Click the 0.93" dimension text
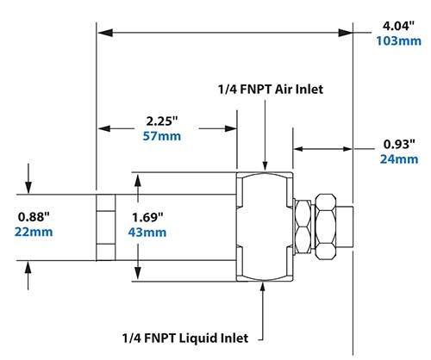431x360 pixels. point(398,143)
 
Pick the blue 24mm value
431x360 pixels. point(398,158)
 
